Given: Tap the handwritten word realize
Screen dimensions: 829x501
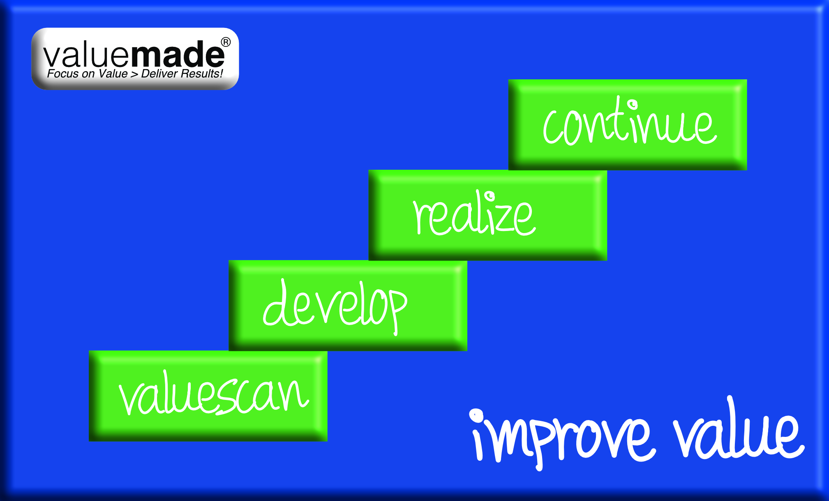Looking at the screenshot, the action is (x=474, y=213).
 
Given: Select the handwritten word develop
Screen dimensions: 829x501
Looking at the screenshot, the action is (x=335, y=306).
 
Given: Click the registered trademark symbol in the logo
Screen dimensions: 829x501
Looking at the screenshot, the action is (x=226, y=42).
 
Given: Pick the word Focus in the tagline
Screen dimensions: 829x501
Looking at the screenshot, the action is (x=63, y=74).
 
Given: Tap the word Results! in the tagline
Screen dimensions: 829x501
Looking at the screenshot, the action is (x=202, y=74).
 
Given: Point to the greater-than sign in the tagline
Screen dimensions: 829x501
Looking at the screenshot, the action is (x=134, y=74).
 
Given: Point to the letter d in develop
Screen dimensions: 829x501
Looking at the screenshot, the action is (x=276, y=304).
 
